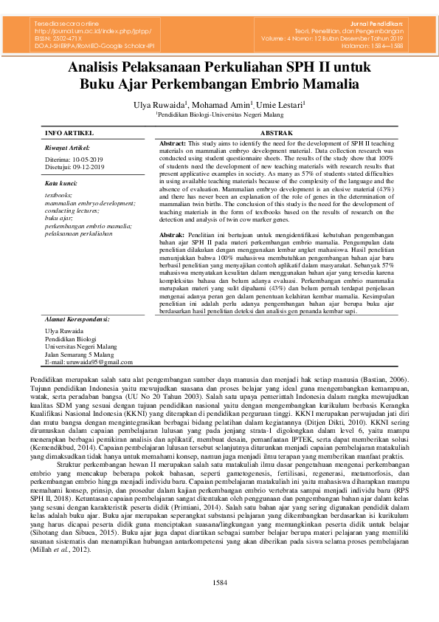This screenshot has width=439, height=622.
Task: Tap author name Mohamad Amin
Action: coord(223,105)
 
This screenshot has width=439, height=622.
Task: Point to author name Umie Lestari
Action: coord(281,105)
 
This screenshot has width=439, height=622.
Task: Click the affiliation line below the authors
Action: coord(219,115)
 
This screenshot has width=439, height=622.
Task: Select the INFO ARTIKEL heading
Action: coord(69,132)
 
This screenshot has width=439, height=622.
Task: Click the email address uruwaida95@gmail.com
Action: coord(89,362)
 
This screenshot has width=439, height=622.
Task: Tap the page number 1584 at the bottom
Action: coord(219,583)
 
